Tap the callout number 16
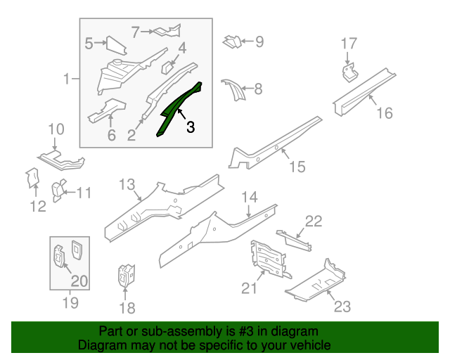(384, 113)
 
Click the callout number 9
(259, 42)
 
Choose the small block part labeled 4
(167, 68)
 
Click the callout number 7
(136, 31)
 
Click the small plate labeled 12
(32, 179)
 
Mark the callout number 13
(127, 185)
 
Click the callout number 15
(297, 167)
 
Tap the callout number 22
(313, 221)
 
